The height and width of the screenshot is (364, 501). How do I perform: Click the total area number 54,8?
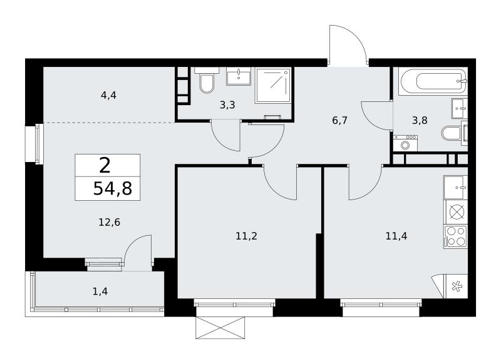pyautogui.click(x=113, y=188)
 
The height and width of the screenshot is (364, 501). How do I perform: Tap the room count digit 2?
pyautogui.click(x=105, y=166)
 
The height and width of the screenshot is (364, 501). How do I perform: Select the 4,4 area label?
pyautogui.click(x=108, y=95)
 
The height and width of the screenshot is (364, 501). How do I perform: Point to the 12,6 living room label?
pyautogui.click(x=109, y=222)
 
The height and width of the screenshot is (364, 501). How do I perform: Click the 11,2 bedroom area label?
pyautogui.click(x=246, y=236)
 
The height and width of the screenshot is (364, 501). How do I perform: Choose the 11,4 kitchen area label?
pyautogui.click(x=396, y=236)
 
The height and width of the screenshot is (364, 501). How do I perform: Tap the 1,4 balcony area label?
pyautogui.click(x=100, y=291)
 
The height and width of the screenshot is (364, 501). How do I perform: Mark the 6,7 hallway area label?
pyautogui.click(x=339, y=121)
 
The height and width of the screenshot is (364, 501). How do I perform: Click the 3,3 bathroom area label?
pyautogui.click(x=227, y=104)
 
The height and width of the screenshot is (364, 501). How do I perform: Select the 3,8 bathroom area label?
pyautogui.click(x=420, y=121)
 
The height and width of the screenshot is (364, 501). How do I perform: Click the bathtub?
pyautogui.click(x=433, y=81)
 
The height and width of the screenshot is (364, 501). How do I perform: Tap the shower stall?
pyautogui.click(x=273, y=85)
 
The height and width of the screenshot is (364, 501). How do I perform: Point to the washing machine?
pyautogui.click(x=405, y=143)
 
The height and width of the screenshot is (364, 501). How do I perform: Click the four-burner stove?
pyautogui.click(x=456, y=236)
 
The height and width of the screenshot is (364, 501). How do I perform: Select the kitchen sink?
pyautogui.click(x=456, y=187)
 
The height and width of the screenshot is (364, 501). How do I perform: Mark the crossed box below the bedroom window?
pyautogui.click(x=221, y=328)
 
